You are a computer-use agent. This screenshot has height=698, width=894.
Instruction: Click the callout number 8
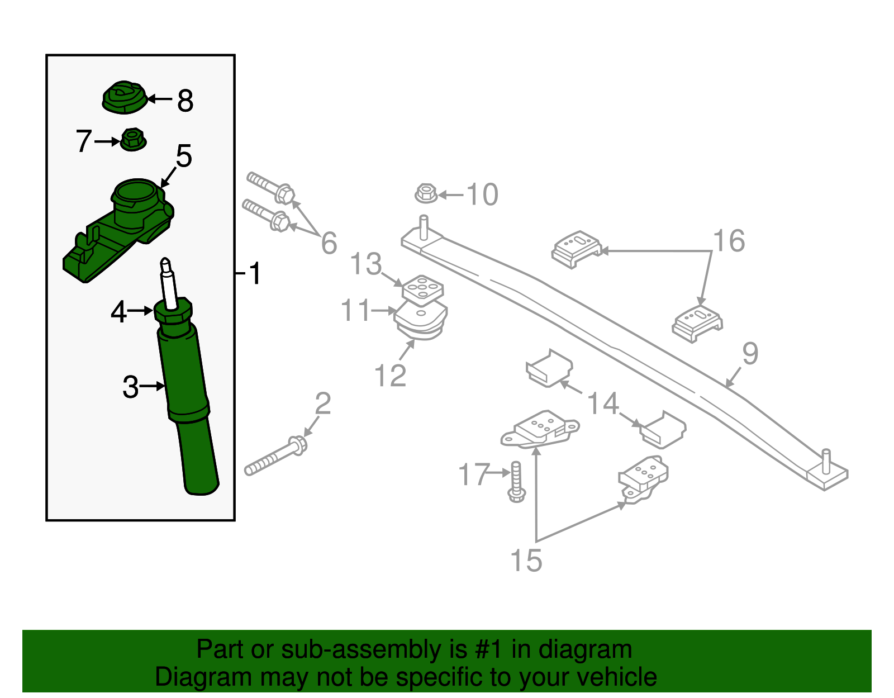click(x=186, y=101)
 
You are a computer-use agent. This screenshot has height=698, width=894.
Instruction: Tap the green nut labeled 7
click(x=133, y=140)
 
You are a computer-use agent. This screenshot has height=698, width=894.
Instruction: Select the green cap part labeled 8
click(x=124, y=98)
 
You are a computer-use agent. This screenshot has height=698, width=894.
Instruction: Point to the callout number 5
click(x=184, y=156)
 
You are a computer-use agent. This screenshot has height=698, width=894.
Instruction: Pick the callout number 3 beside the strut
click(x=130, y=387)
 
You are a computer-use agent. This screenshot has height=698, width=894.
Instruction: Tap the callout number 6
click(x=329, y=243)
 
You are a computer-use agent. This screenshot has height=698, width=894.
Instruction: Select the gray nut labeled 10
click(x=426, y=194)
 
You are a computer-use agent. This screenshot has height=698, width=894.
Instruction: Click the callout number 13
click(x=366, y=264)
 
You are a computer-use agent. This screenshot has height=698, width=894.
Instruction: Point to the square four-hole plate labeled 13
click(x=423, y=288)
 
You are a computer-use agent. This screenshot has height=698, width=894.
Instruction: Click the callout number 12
click(x=390, y=376)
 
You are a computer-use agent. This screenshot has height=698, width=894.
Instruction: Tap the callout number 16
click(x=729, y=241)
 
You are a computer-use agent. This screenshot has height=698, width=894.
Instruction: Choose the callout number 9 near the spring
click(x=750, y=354)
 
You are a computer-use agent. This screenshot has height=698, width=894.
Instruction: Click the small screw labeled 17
click(x=516, y=481)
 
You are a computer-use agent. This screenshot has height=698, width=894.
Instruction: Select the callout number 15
click(x=526, y=560)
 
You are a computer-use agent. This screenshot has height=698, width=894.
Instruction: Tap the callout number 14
click(x=603, y=403)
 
